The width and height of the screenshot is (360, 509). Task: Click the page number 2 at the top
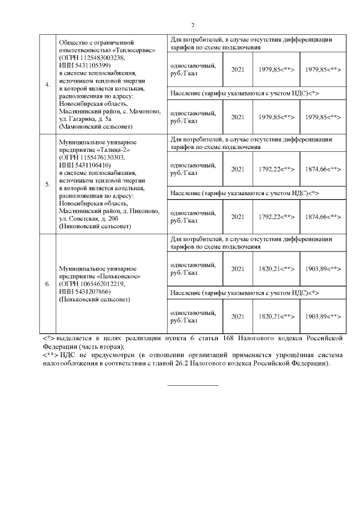[192, 25]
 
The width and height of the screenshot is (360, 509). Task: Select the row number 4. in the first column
[47, 85]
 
